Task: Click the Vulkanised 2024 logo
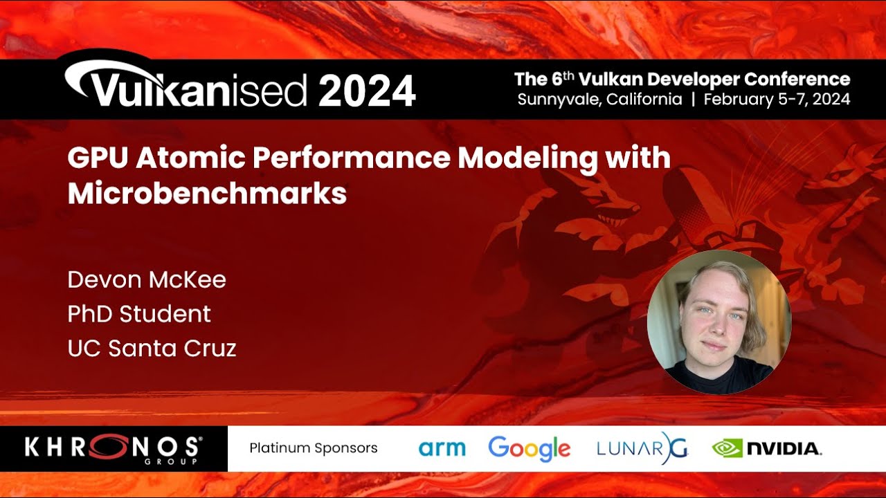[239, 87]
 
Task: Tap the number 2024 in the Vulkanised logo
[367, 91]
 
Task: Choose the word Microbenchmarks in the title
[207, 194]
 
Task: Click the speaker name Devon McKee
[147, 280]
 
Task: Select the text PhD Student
[139, 314]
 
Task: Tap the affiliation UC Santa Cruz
[152, 348]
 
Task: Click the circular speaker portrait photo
[718, 322]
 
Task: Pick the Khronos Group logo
[114, 449]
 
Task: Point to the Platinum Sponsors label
[314, 448]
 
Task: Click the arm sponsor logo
[442, 448]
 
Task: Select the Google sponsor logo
[530, 449]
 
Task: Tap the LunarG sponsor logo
[642, 448]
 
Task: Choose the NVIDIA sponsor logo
[767, 449]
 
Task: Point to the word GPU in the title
[98, 158]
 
